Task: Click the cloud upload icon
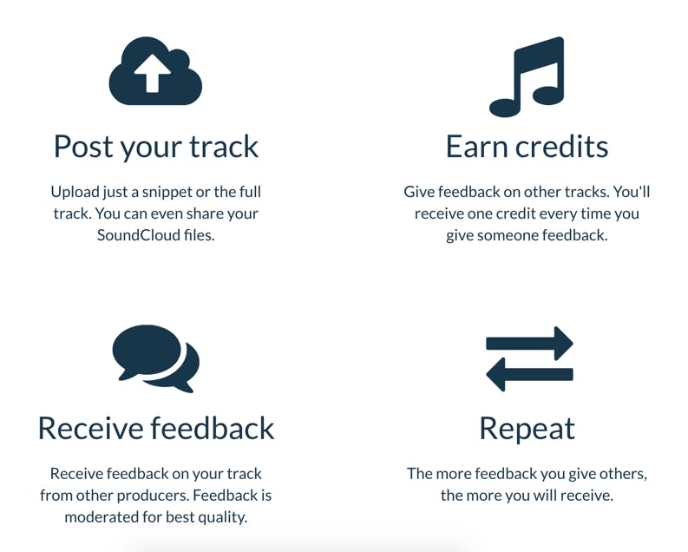[155, 71]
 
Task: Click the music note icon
[527, 77]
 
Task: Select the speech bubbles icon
[156, 358]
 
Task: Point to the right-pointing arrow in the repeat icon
[529, 343]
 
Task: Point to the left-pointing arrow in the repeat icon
[529, 374]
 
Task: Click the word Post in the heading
[83, 147]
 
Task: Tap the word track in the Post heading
[224, 147]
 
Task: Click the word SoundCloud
[139, 235]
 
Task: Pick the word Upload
[75, 193]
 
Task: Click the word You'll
[632, 192]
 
